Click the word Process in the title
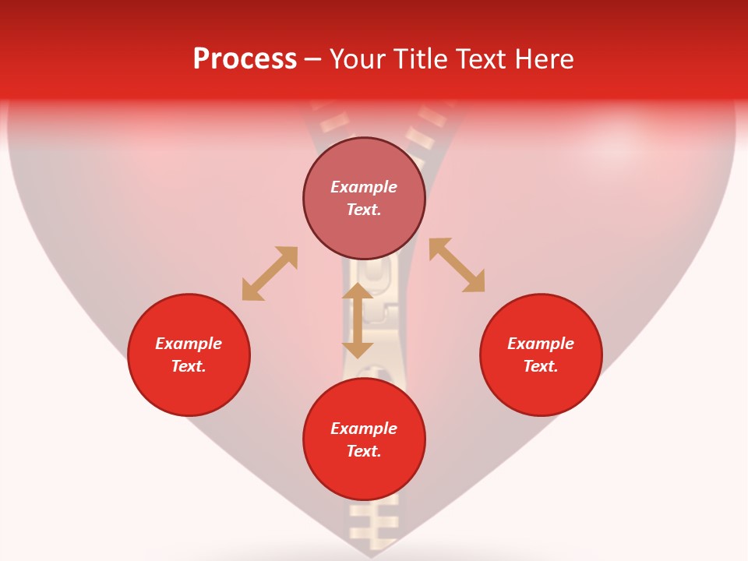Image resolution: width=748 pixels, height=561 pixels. coord(245,59)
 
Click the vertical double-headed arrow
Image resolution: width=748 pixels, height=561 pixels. coord(358,320)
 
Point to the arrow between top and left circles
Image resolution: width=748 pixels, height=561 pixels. coord(270,273)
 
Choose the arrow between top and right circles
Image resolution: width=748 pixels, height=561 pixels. coord(457,265)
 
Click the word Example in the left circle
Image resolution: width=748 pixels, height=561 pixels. coord(189,344)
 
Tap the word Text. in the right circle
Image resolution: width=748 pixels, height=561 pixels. coord(541,366)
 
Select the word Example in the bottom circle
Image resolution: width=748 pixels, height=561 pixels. coord(364,429)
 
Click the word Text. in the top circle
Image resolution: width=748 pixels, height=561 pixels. coord(364,210)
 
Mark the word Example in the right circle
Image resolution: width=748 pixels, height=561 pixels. coord(541,344)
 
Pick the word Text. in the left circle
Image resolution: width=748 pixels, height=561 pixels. coord(189,366)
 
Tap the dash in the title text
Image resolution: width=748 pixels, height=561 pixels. coord(313,59)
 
